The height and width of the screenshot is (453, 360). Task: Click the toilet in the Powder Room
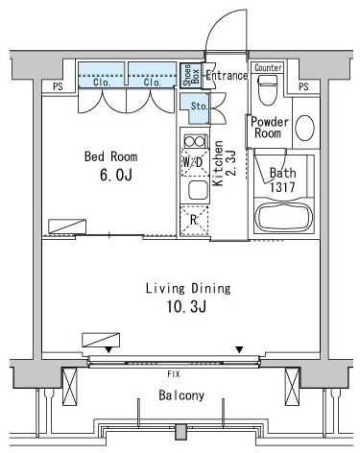(x=268, y=90)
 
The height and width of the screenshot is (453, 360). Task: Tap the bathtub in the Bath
(x=283, y=217)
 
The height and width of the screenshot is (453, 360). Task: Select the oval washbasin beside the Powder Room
(x=304, y=128)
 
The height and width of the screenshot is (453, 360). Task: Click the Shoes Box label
(x=191, y=76)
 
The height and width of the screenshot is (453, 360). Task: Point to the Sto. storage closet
(x=196, y=108)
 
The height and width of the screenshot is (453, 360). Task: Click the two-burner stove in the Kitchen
(x=195, y=141)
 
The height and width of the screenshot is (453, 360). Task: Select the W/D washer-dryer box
(x=195, y=162)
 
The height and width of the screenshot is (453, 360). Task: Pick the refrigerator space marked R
(x=194, y=221)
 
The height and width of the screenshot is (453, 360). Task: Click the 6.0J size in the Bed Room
(x=116, y=176)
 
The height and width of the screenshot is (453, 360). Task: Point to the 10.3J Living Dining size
(x=186, y=307)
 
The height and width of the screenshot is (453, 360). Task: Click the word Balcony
(x=181, y=395)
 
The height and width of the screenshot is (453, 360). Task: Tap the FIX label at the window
(x=174, y=374)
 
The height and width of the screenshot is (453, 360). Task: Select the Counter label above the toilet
(x=268, y=68)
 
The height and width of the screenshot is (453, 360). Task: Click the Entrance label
(x=227, y=76)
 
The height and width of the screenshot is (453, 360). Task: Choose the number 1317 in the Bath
(x=282, y=187)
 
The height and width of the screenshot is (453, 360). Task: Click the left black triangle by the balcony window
(x=108, y=350)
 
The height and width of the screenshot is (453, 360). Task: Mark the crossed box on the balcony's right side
(x=292, y=386)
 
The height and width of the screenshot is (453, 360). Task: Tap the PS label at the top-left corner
(x=58, y=86)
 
